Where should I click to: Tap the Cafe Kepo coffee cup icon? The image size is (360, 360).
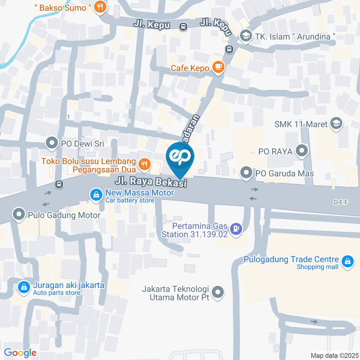pyautogui.click(x=218, y=67)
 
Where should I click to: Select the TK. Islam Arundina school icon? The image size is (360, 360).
pyautogui.click(x=245, y=36)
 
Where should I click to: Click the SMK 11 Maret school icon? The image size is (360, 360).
pyautogui.click(x=336, y=124)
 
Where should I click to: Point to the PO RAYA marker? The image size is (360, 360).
pyautogui.click(x=301, y=151)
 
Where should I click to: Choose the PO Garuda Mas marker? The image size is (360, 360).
pyautogui.click(x=246, y=173)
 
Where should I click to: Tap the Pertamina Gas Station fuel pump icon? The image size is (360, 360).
pyautogui.click(x=236, y=228)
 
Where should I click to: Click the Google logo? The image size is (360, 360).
pyautogui.click(x=20, y=352)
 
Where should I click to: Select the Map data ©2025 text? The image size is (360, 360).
pyautogui.click(x=334, y=355)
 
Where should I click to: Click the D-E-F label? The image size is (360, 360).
pyautogui.click(x=341, y=202)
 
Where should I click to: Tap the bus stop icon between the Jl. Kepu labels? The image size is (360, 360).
pyautogui.click(x=183, y=27)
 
